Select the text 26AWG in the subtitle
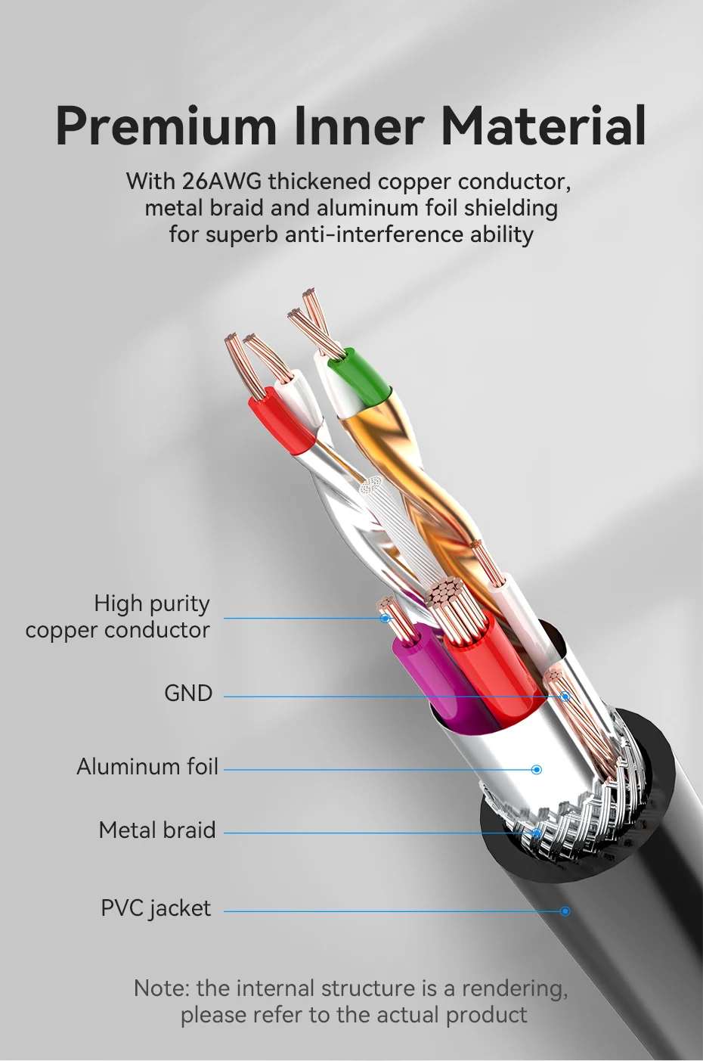point(222,181)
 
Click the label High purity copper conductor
point(118,616)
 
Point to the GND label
point(188,693)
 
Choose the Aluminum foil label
point(147,767)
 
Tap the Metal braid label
point(157,830)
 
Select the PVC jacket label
point(156,908)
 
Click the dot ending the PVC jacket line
point(565,911)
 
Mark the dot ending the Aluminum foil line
point(537,770)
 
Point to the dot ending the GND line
point(564,696)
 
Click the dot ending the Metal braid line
point(536,833)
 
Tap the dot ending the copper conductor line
point(386,619)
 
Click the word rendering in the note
point(514,988)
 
